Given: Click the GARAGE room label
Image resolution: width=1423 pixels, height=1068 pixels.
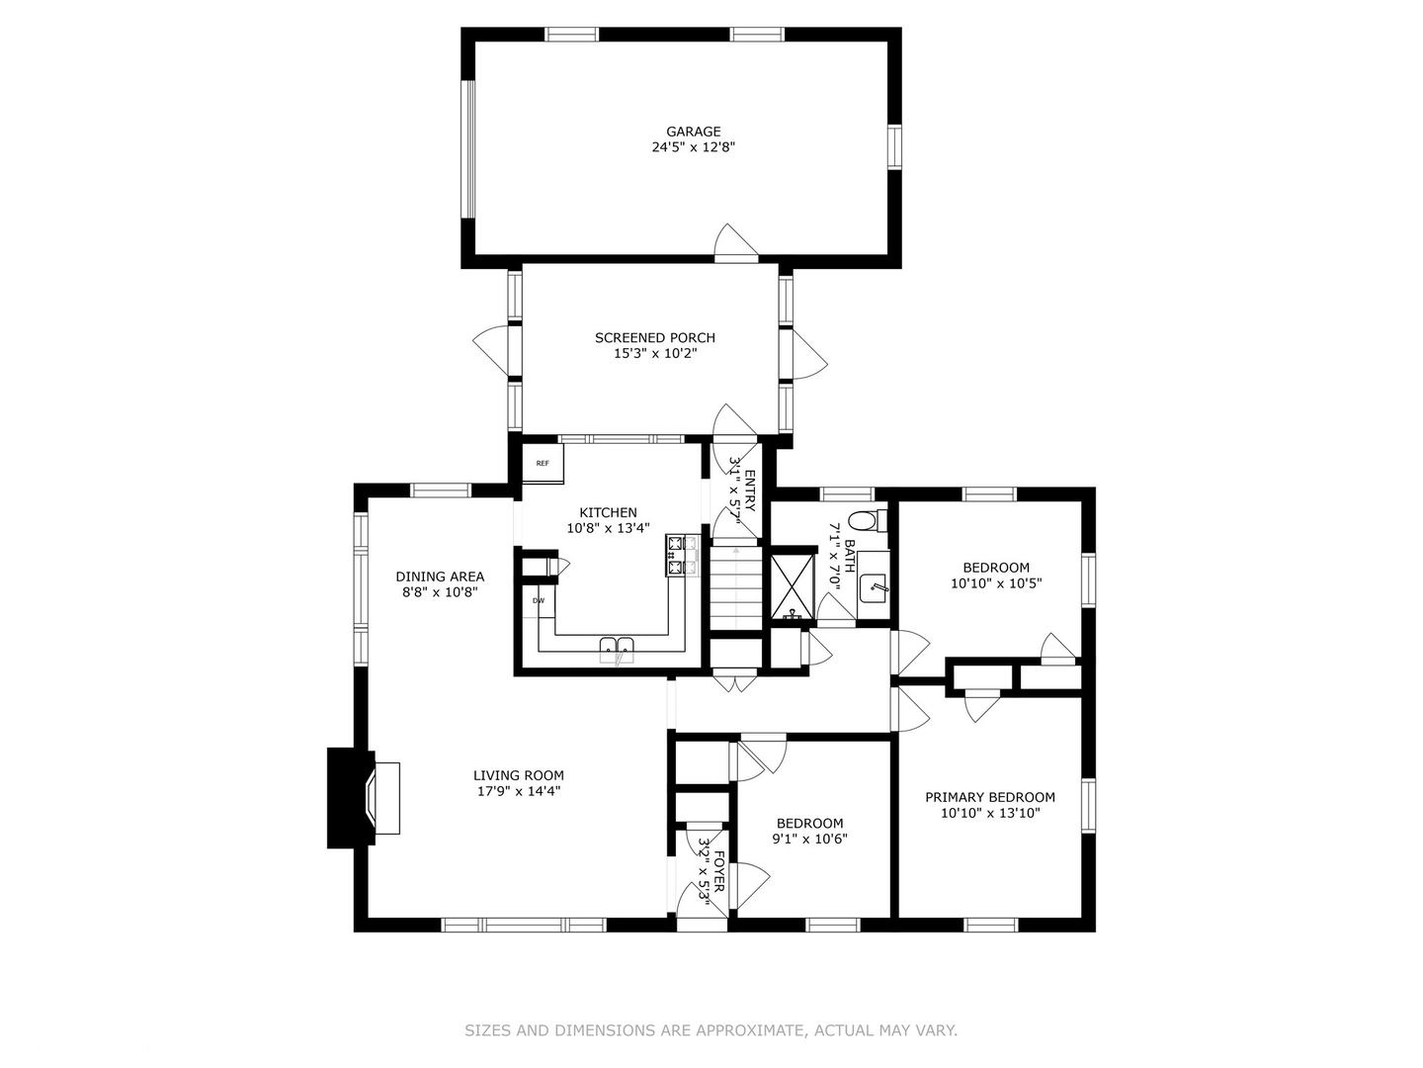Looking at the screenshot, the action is tap(693, 132).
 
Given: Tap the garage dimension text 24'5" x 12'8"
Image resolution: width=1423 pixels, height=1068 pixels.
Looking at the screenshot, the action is tap(693, 147).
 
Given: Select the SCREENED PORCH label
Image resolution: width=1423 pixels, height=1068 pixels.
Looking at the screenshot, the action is tap(655, 338).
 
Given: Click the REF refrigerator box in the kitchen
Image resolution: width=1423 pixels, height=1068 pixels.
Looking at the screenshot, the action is tap(543, 463).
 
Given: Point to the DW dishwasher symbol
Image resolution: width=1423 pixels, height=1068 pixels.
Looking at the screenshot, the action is tap(539, 601).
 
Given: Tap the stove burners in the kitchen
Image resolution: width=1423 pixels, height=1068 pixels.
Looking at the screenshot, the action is tap(682, 556).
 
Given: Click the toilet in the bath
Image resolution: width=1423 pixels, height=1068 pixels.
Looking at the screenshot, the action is tap(868, 520).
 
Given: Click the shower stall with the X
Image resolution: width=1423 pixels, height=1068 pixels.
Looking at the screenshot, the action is tap(793, 583).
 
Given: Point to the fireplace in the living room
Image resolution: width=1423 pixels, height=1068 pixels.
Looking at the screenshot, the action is tap(364, 798).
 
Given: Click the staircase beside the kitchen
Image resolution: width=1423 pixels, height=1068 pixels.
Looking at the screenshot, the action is tap(735, 587).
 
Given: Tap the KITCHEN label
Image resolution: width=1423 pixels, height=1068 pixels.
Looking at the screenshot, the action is tap(608, 513).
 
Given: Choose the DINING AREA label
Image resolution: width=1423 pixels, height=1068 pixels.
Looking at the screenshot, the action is tap(440, 577).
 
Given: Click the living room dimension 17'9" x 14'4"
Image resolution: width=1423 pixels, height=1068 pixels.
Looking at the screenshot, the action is tap(519, 791).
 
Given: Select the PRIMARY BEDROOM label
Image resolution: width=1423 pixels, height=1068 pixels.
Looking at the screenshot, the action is tap(990, 798).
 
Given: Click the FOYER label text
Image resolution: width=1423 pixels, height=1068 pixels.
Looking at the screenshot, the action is tap(718, 872).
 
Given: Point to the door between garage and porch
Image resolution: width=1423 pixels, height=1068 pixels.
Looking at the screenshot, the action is tap(736, 244).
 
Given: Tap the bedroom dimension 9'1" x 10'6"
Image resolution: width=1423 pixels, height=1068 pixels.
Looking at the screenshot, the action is tap(809, 840).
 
